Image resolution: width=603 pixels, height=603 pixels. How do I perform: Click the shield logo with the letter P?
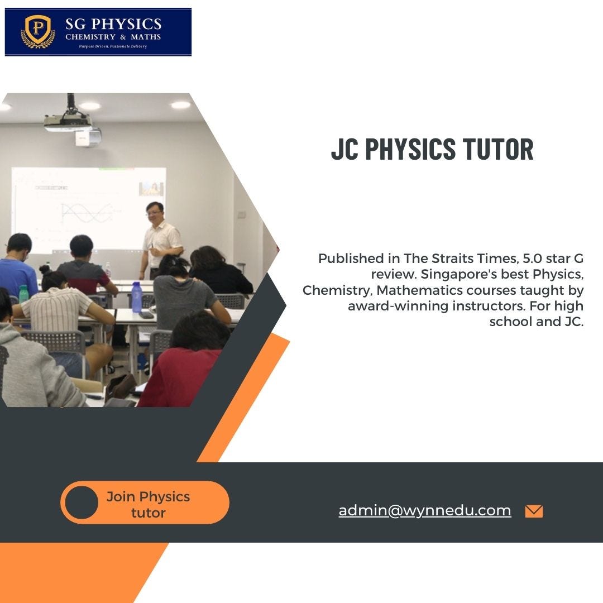37,31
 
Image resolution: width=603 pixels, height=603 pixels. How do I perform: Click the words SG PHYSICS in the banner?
113,24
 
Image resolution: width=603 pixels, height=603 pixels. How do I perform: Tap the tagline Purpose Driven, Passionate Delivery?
113,46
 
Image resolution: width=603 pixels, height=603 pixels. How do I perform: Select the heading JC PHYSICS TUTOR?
432,150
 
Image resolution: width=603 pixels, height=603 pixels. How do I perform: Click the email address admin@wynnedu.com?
424,510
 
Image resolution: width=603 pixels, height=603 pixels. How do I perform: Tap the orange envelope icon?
534,511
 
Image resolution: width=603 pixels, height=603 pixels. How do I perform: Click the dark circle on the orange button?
82,502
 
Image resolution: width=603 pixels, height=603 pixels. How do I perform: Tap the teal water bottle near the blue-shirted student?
23,294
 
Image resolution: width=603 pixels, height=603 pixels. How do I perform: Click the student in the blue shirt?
17,268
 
